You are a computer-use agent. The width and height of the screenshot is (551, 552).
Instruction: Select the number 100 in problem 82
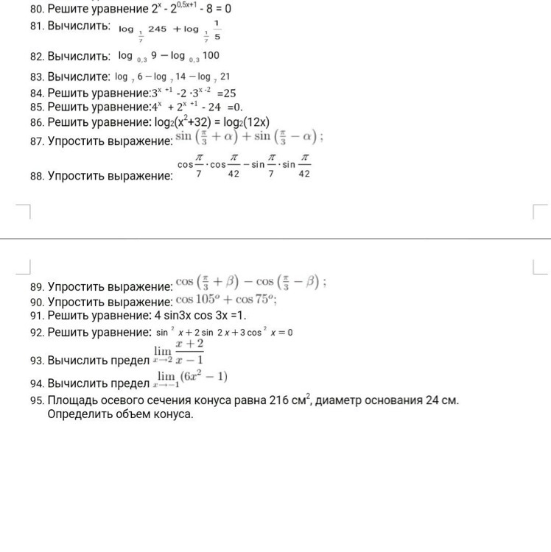[x=211, y=56]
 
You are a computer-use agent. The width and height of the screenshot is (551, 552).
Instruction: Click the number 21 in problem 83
[x=225, y=77]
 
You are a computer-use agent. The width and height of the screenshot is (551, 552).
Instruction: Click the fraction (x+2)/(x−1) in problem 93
[x=189, y=352]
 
